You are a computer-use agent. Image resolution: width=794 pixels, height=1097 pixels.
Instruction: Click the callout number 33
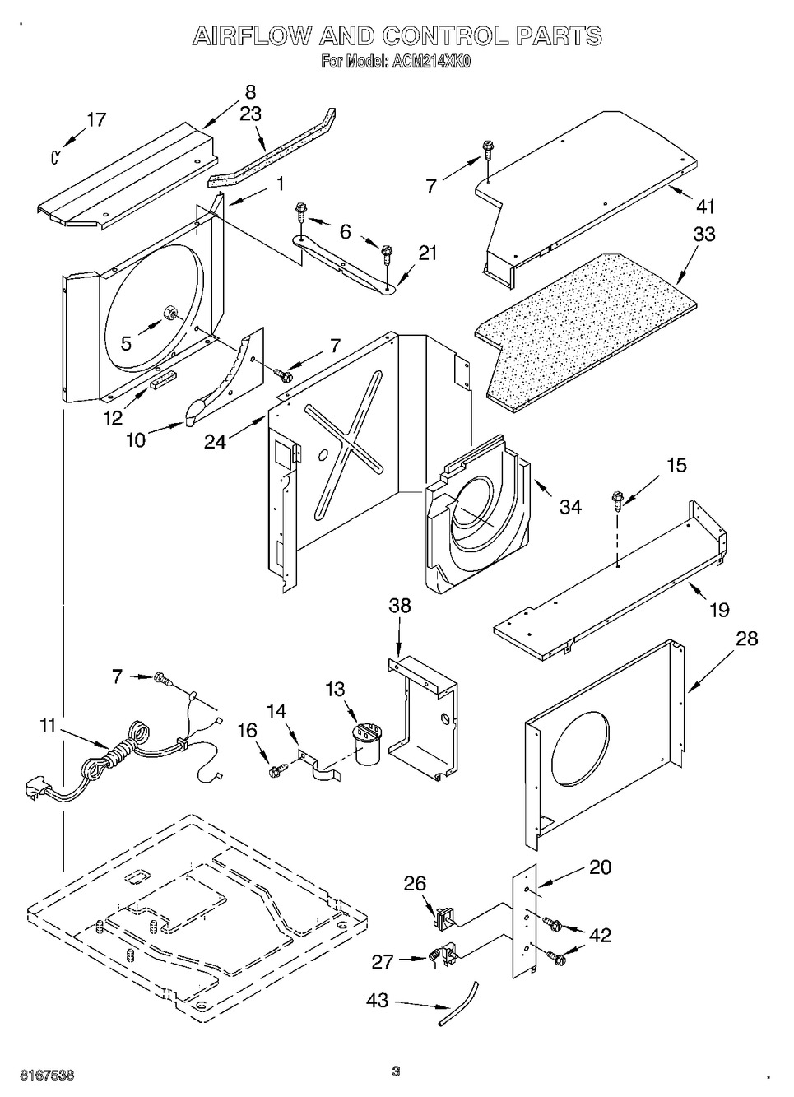point(703,234)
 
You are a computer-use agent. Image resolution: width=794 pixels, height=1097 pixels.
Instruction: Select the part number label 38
point(399,606)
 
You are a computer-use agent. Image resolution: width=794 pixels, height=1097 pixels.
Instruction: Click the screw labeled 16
point(276,769)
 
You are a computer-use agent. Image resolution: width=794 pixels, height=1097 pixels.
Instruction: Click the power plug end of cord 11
point(33,790)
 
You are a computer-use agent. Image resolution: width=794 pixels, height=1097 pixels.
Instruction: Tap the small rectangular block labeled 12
point(160,380)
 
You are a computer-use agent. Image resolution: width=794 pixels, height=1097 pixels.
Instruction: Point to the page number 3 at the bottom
point(396,1071)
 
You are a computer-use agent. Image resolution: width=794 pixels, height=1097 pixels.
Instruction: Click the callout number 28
point(746,638)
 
